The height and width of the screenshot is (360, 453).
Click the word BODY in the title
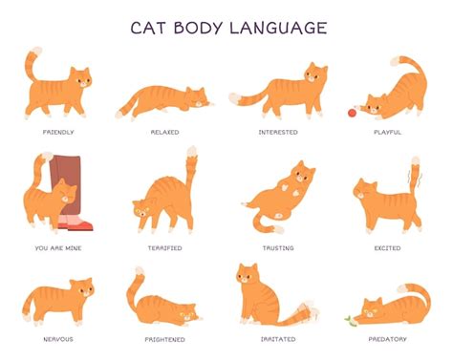(198, 28)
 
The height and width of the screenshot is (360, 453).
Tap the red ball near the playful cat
(352, 113)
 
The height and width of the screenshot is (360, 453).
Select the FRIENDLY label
(58, 132)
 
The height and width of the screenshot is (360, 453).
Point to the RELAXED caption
(164, 132)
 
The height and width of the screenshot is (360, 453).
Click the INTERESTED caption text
(278, 132)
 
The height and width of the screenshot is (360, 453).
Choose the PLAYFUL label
(387, 132)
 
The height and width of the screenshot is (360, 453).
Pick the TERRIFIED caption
(164, 248)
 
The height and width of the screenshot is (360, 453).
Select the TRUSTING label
(278, 248)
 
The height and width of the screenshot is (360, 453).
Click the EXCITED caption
(387, 248)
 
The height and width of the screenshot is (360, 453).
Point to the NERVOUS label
(58, 339)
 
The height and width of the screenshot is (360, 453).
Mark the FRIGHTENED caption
(164, 340)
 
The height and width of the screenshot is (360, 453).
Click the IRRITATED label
(278, 339)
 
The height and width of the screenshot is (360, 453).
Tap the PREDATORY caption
(387, 339)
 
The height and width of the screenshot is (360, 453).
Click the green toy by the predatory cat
(351, 321)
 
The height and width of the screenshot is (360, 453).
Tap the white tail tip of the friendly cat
(37, 51)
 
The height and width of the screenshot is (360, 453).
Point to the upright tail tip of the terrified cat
(192, 151)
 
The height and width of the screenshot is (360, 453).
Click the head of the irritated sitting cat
(248, 273)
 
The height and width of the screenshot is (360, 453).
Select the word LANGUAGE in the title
(278, 28)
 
